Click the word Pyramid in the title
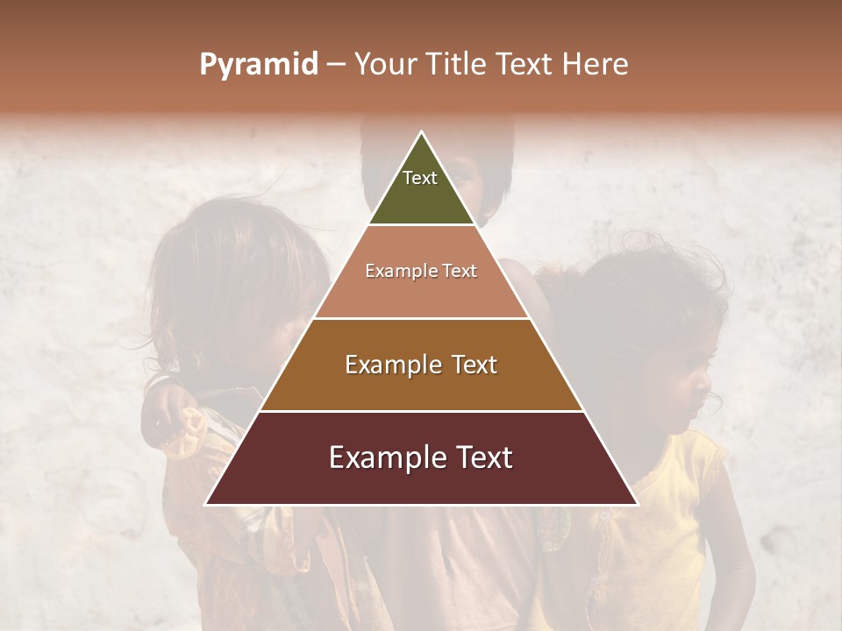coord(258,65)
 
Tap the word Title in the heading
coord(455,64)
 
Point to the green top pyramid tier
coord(421,193)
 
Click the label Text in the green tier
coord(420,178)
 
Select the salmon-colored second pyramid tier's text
coord(421,272)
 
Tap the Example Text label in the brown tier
coord(421,365)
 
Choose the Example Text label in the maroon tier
coord(421,457)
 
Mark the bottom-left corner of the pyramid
coord(206,504)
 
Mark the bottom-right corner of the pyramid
coord(637,504)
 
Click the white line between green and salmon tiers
coord(422,225)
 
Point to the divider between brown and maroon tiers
coord(422,411)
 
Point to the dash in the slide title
coord(336,64)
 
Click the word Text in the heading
coord(525,64)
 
